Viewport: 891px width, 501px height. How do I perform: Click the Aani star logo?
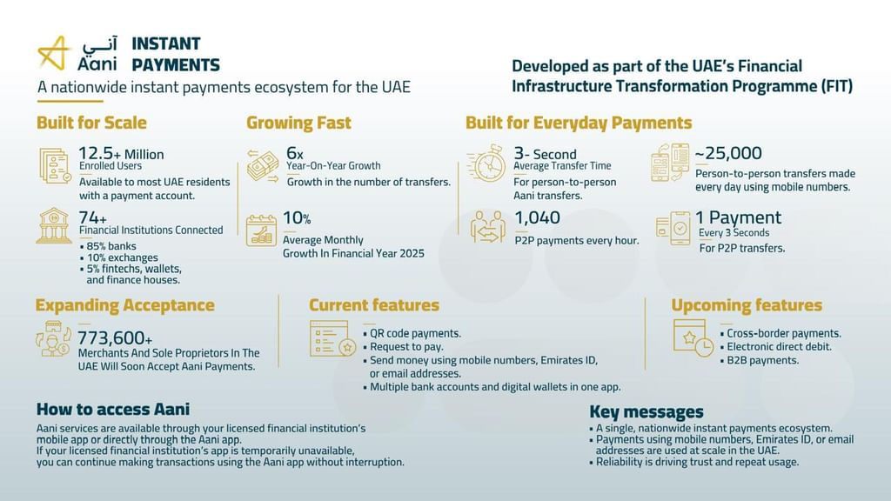(54, 54)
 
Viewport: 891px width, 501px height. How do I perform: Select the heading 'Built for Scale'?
(91, 123)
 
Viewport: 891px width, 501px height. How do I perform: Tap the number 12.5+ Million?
(121, 153)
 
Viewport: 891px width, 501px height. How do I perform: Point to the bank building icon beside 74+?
(53, 225)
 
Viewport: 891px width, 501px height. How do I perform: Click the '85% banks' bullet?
(112, 245)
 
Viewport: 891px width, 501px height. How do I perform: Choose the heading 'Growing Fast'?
(298, 123)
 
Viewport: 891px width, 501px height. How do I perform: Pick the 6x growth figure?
(295, 152)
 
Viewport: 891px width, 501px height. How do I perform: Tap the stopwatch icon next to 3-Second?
(489, 163)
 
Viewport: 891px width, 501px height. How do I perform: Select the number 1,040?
(538, 217)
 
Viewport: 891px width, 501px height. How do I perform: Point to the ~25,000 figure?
(728, 153)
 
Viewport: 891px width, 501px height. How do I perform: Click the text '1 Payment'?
(738, 217)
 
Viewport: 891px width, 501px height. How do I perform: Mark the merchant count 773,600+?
(115, 337)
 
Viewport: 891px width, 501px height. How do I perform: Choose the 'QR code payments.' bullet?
(415, 333)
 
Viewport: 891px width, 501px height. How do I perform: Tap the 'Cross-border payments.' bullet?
(783, 333)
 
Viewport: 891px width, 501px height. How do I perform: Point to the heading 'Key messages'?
(646, 412)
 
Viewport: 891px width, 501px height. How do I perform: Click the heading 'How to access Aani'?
(113, 409)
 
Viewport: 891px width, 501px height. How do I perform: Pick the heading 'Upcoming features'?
(747, 305)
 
